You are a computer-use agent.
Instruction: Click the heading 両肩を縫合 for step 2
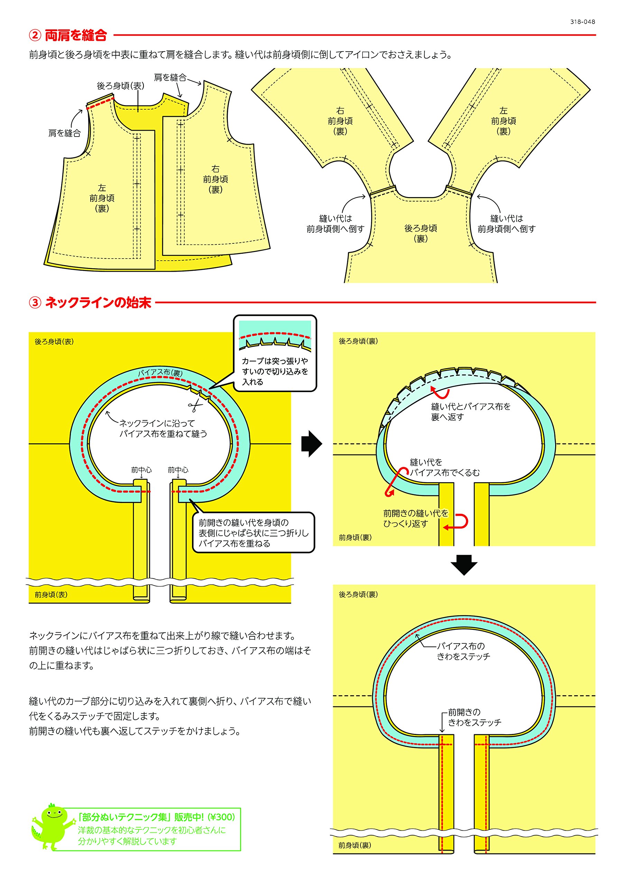point(76,36)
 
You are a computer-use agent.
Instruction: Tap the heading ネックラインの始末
point(98,302)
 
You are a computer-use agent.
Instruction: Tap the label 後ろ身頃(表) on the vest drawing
point(120,86)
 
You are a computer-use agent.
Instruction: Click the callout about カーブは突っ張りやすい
point(275,371)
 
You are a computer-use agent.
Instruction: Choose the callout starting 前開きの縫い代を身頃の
point(254,533)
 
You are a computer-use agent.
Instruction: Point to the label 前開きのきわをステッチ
point(474,717)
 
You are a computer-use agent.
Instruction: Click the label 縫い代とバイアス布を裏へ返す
point(471,412)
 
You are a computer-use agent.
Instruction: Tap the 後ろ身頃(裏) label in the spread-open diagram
point(421,233)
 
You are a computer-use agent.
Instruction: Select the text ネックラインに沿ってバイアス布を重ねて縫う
point(163,428)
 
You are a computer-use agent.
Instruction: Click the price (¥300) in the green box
point(221,817)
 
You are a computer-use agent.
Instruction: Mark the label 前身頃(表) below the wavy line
point(51,594)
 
